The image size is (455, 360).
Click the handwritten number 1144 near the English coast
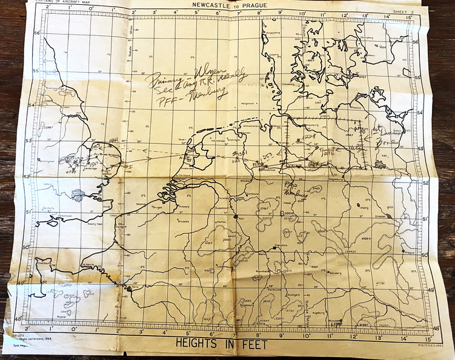(113, 141)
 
